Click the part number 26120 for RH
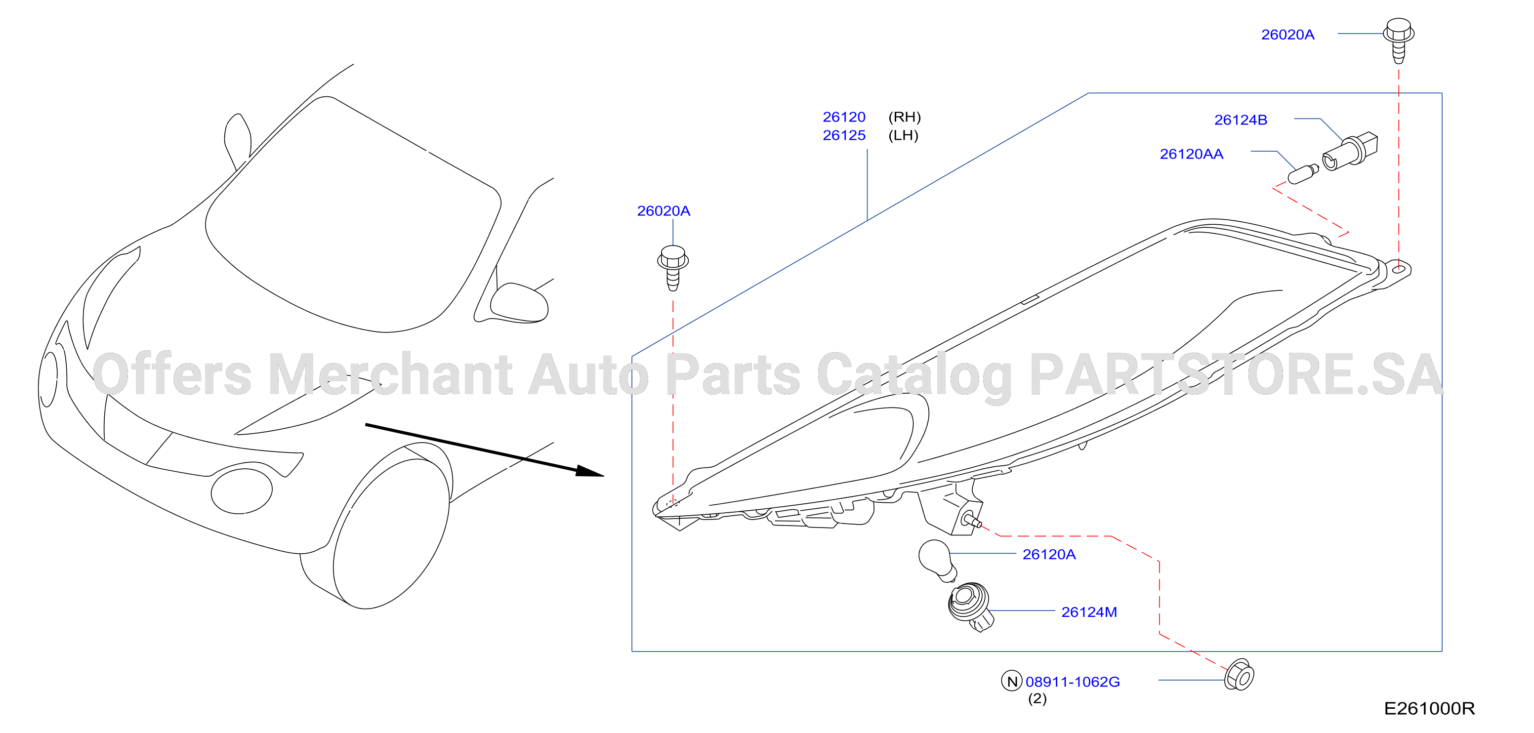(x=844, y=117)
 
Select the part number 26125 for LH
(x=844, y=135)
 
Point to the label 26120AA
(x=1191, y=154)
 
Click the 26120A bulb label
(x=1049, y=554)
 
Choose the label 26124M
(x=1089, y=612)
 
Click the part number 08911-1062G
(x=1073, y=682)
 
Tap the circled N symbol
(x=1012, y=681)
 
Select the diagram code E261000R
(x=1429, y=709)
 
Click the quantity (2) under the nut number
(x=1037, y=698)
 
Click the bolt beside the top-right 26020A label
(x=1398, y=40)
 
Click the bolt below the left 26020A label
(x=673, y=267)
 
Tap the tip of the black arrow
(x=604, y=476)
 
